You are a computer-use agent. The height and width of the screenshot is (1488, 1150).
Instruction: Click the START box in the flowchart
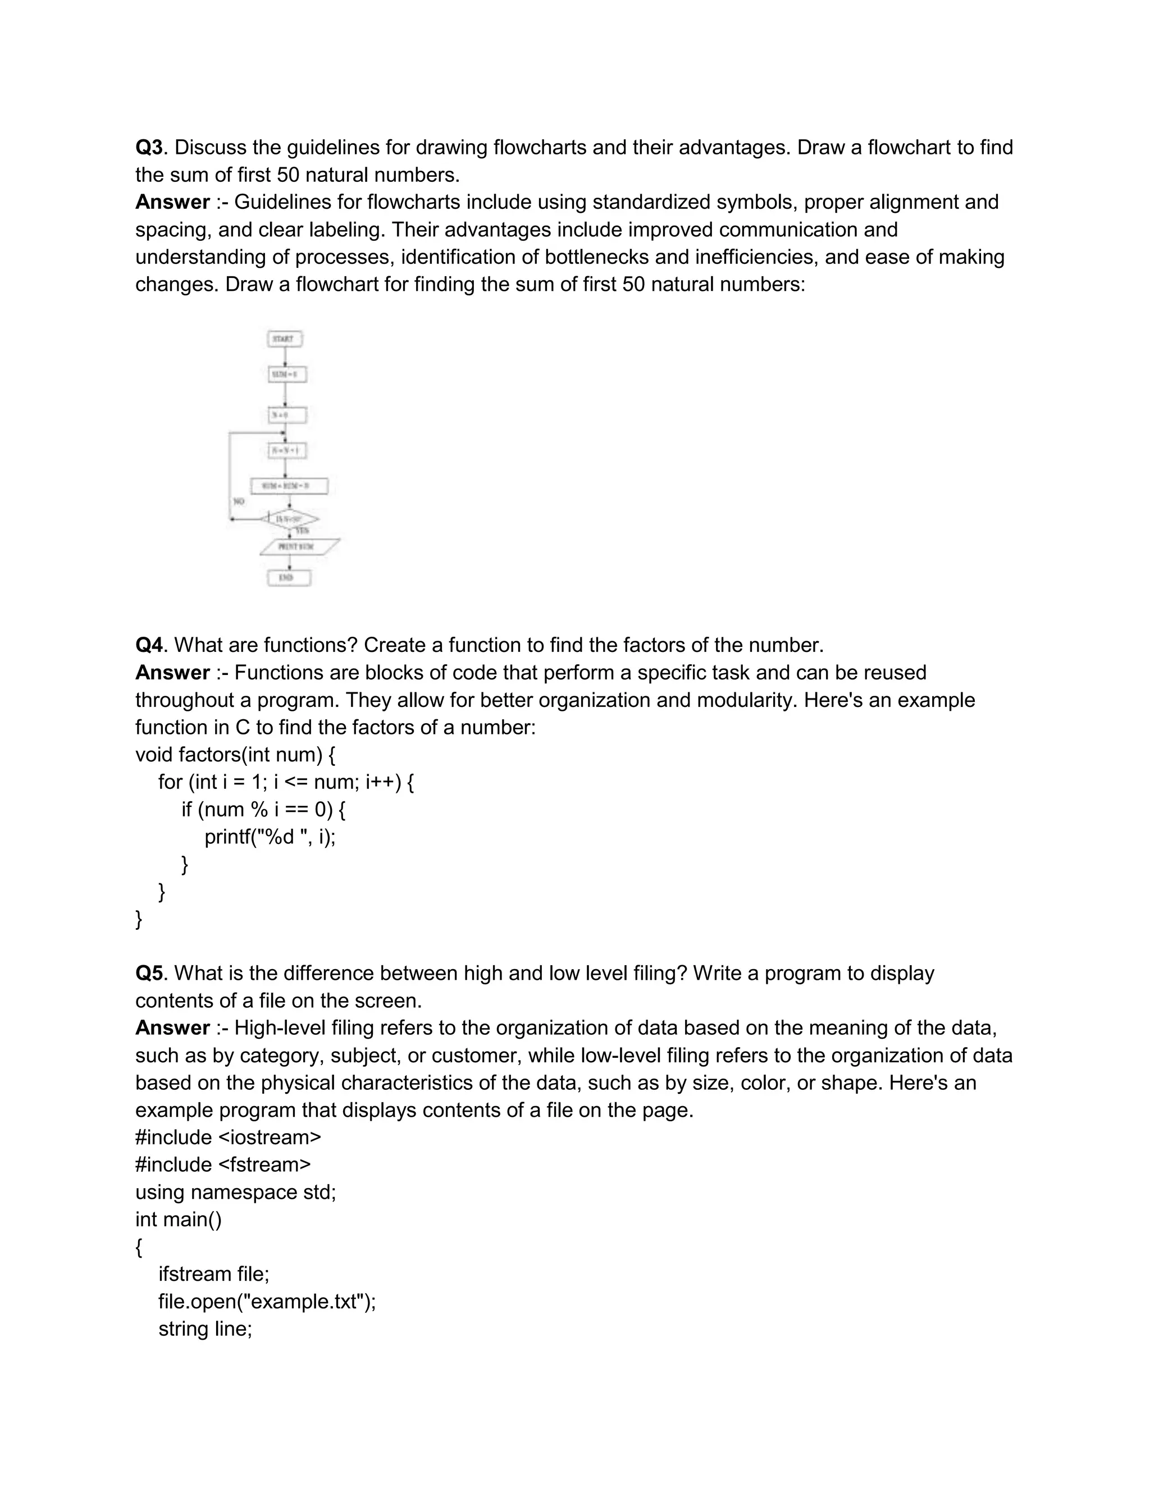(285, 339)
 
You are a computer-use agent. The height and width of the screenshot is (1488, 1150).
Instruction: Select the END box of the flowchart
(289, 578)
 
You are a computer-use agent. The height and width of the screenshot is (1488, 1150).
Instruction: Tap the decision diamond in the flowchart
(290, 519)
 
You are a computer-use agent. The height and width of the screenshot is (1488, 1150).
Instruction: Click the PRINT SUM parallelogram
(299, 546)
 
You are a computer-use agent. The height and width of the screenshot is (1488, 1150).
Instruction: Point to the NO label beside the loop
(239, 501)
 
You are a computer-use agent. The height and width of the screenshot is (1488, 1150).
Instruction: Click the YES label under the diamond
(302, 531)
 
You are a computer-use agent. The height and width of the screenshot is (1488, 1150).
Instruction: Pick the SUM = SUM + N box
(290, 486)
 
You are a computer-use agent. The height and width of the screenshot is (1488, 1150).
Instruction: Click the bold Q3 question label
(149, 147)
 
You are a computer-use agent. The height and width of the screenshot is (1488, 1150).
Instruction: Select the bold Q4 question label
(149, 645)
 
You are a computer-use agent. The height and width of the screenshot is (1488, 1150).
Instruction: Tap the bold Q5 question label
(149, 973)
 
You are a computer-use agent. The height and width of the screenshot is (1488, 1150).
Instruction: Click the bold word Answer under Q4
(172, 673)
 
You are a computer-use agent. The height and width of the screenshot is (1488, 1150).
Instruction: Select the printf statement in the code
(270, 836)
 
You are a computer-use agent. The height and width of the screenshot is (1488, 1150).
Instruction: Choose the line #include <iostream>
(227, 1137)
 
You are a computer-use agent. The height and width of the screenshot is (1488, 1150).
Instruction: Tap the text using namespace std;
(235, 1192)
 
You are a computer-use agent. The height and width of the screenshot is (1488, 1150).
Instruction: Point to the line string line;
(205, 1329)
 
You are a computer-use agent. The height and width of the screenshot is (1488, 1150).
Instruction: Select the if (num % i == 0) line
(263, 809)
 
